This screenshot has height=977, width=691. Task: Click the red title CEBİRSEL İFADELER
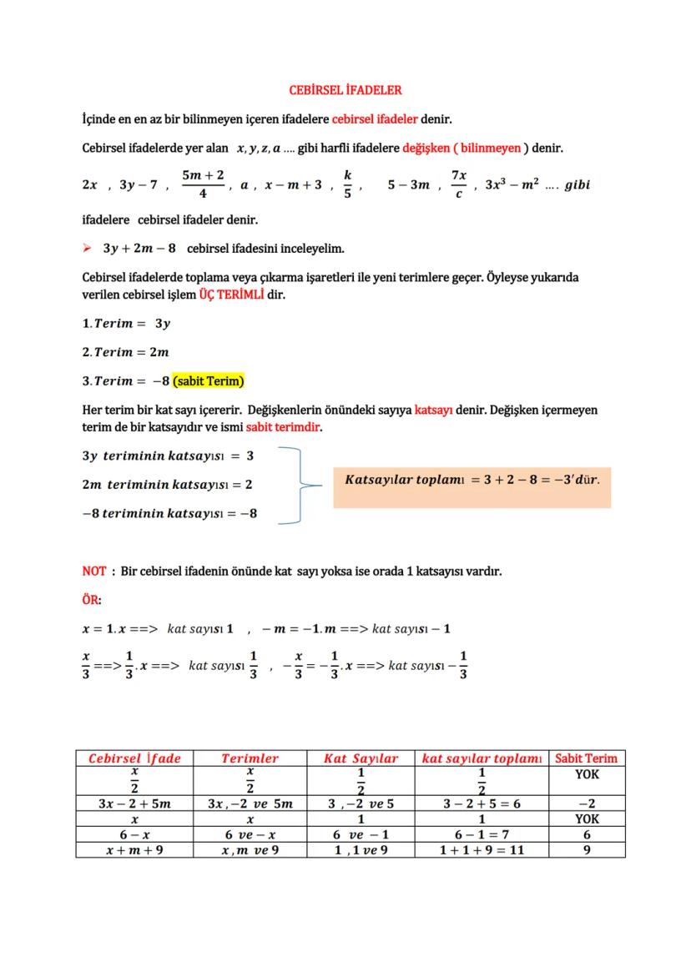[345, 89]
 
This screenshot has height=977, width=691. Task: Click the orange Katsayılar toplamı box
[472, 481]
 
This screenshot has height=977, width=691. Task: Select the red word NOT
[93, 572]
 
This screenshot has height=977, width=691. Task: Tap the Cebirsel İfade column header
[134, 758]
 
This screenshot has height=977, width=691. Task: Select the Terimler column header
[250, 758]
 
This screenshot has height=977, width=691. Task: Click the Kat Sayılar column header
[361, 758]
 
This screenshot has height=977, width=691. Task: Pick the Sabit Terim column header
[586, 758]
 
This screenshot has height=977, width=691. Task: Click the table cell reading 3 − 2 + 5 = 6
[482, 804]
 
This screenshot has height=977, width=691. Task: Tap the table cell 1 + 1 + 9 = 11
[482, 850]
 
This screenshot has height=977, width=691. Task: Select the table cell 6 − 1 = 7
[482, 834]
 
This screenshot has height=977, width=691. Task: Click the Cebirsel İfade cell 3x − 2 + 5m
[134, 804]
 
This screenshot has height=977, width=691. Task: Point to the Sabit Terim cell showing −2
[586, 804]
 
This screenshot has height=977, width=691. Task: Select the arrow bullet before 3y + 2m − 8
[88, 249]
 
